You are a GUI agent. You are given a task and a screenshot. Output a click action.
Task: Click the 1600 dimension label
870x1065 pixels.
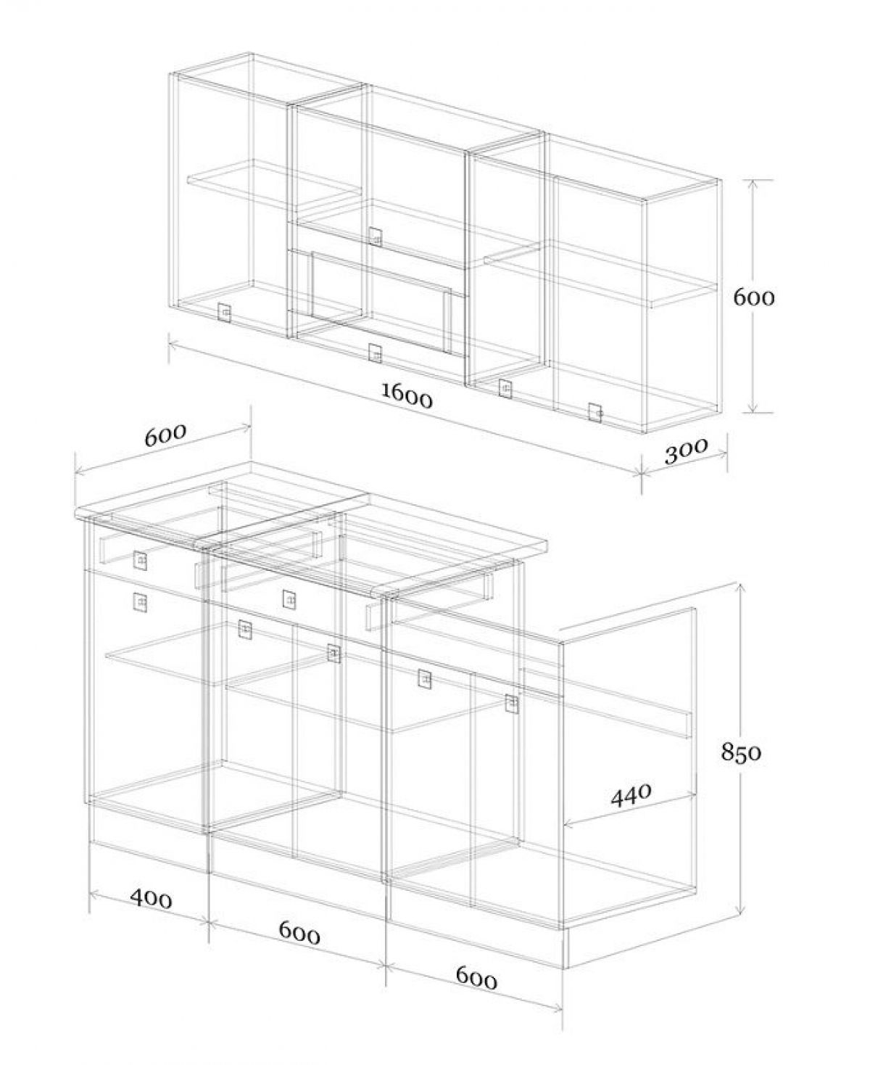coord(407,395)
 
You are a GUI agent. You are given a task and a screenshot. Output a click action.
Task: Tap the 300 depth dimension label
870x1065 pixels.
coord(687,451)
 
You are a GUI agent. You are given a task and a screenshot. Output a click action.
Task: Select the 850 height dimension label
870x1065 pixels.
coord(740,767)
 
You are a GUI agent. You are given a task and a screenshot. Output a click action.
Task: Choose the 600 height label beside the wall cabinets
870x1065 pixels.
coord(753,298)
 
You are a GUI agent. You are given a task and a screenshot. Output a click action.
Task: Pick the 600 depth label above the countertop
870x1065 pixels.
coord(166,435)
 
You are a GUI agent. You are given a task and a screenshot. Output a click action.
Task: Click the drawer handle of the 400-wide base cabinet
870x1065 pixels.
coord(141,561)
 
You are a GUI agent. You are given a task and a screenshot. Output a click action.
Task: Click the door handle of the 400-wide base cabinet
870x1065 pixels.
coord(140,602)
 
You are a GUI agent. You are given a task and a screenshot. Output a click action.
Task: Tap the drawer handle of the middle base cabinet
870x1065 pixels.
coord(289,599)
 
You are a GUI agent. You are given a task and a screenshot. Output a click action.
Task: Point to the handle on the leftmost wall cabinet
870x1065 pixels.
coord(224,313)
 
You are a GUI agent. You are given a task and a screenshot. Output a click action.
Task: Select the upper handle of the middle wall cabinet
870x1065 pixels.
coord(375,236)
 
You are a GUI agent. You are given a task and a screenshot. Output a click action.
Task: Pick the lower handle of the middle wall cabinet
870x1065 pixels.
coord(374,353)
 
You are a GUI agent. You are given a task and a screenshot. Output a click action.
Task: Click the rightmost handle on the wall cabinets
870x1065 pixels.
coord(595,412)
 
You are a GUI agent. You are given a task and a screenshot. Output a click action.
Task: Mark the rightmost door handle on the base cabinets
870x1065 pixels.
coord(512,704)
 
